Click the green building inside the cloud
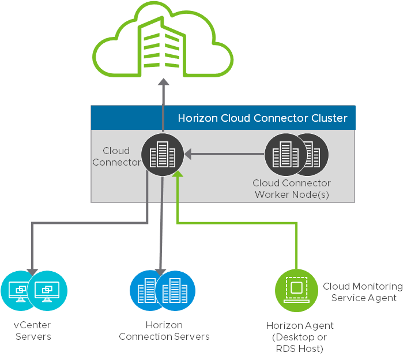[163, 41]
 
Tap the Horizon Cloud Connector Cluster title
[262, 118]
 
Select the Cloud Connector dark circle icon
[163, 155]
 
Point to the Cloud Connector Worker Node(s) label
[292, 189]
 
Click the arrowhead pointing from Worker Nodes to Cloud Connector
[188, 154]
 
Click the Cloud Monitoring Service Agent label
[363, 292]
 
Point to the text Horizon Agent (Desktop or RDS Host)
[300, 337]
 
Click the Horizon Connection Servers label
[164, 331]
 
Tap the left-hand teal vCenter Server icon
[20, 288]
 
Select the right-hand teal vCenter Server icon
[47, 288]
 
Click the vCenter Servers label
[32, 331]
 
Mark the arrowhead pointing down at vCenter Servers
[33, 271]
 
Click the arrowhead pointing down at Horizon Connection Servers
[161, 271]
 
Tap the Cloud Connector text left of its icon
[116, 156]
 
